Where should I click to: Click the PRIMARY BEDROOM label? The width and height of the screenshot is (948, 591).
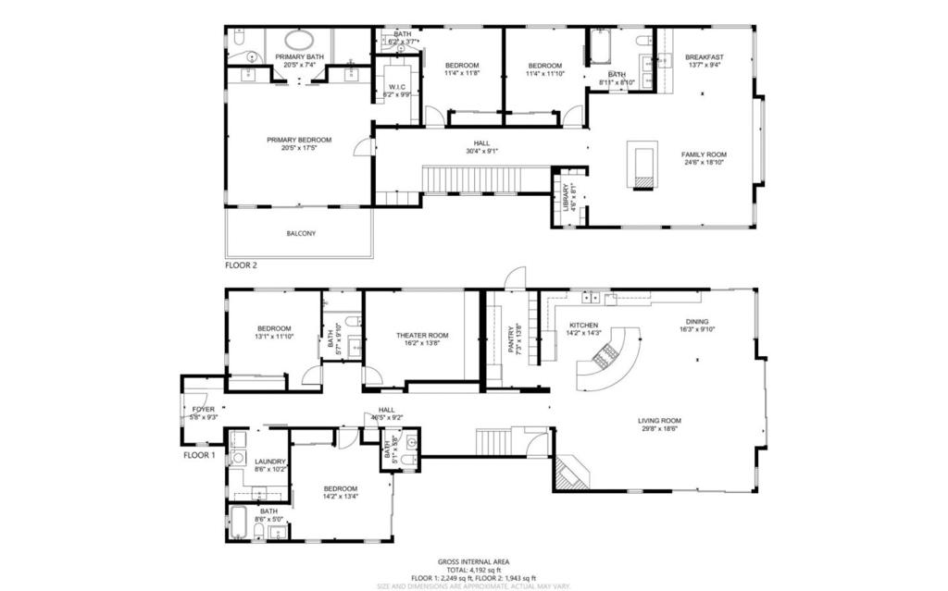(x=299, y=141)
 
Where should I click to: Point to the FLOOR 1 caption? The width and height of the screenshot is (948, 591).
(x=199, y=455)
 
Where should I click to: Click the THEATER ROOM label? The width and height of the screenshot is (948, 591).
(x=422, y=336)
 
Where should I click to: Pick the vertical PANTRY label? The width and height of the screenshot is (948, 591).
(x=510, y=339)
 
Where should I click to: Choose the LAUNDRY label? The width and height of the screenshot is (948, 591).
(x=270, y=462)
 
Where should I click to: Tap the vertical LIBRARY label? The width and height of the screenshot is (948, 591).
(x=567, y=198)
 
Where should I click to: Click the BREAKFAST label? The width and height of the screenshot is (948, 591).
(x=705, y=57)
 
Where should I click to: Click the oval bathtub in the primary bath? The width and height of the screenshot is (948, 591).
(x=298, y=41)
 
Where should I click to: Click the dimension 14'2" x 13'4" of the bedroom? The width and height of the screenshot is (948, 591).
(x=340, y=497)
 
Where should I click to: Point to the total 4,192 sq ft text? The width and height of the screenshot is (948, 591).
(x=473, y=570)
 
